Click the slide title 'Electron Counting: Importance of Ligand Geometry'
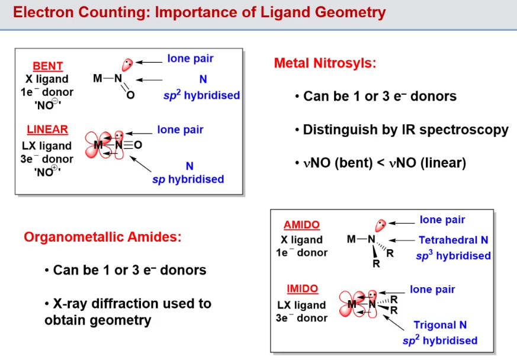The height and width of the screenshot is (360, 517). point(199,12)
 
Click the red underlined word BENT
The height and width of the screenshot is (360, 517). point(48,66)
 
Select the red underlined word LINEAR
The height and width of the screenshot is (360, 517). point(47,130)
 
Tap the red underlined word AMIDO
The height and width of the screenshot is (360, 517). point(301,225)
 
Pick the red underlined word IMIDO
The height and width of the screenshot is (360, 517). point(302,290)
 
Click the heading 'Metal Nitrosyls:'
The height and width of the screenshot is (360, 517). point(325,63)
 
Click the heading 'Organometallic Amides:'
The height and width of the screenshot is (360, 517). point(102,237)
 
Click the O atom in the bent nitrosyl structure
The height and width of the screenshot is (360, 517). point(131,95)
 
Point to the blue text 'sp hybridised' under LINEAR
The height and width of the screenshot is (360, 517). point(188,179)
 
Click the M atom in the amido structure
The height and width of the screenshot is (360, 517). point(352,239)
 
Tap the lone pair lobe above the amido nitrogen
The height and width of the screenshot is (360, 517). point(381,225)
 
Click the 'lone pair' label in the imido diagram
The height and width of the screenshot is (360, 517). point(432,290)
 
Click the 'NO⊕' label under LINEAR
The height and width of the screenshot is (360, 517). point(47,172)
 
